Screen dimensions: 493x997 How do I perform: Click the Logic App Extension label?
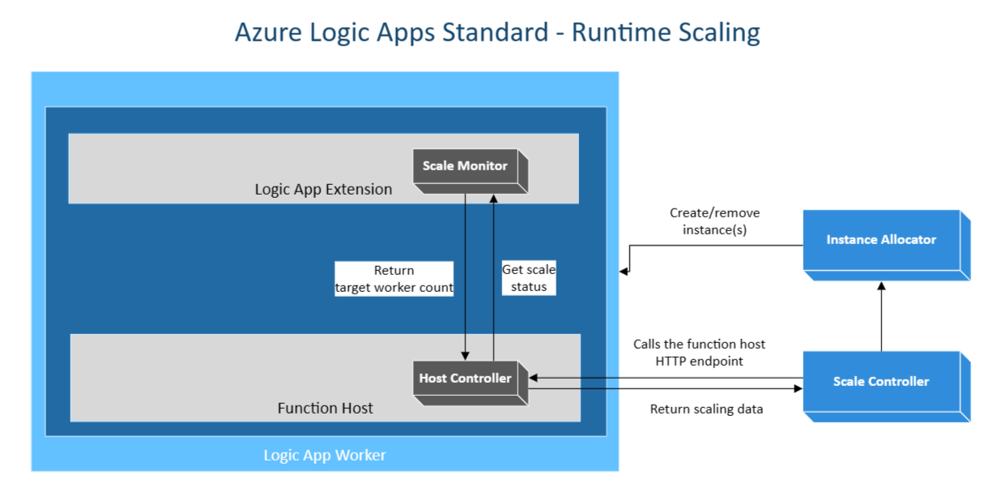point(323,190)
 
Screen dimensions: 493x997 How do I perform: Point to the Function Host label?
point(325,408)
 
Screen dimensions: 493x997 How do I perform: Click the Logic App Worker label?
point(325,455)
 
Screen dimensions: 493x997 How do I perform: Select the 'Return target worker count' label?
point(394,278)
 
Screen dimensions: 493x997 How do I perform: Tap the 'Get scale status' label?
point(529,278)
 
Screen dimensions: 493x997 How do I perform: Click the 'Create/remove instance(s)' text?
point(714,221)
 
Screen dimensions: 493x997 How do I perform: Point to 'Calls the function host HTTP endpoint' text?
point(699,352)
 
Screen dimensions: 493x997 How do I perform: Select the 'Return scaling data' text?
point(706,409)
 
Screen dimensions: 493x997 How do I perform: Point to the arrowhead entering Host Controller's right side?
point(534,377)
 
